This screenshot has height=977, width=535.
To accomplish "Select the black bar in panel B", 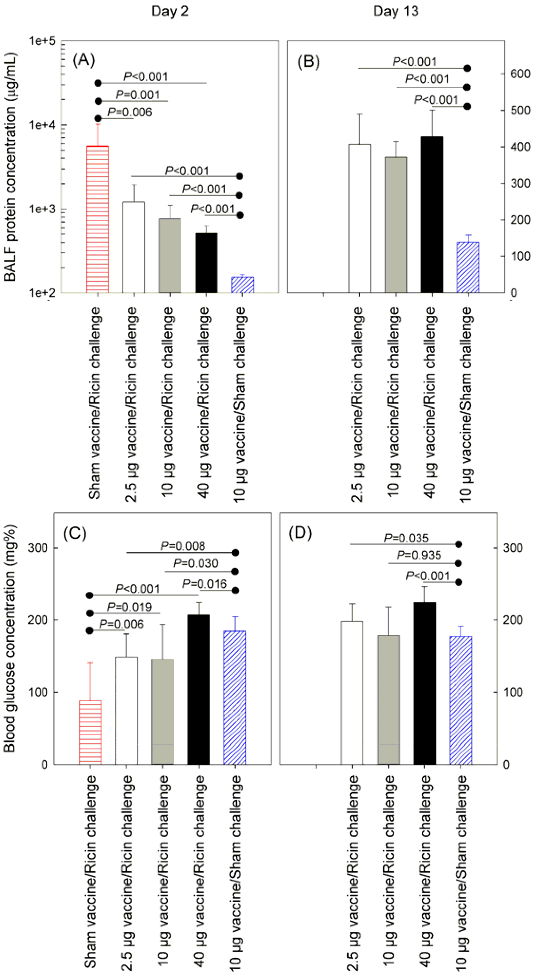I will pyautogui.click(x=432, y=215).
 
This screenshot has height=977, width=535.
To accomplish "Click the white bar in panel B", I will pyautogui.click(x=359, y=218).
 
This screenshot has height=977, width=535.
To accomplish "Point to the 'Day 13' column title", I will pyautogui.click(x=395, y=11).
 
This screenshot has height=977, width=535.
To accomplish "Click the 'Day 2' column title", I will pyautogui.click(x=170, y=11).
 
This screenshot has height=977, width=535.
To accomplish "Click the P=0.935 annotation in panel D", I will pyautogui.click(x=419, y=555).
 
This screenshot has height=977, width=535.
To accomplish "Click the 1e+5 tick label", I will pyautogui.click(x=42, y=41).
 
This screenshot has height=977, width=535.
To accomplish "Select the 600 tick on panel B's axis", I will pyautogui.click(x=520, y=74).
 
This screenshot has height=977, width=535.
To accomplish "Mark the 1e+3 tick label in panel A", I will pyautogui.click(x=42, y=209).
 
